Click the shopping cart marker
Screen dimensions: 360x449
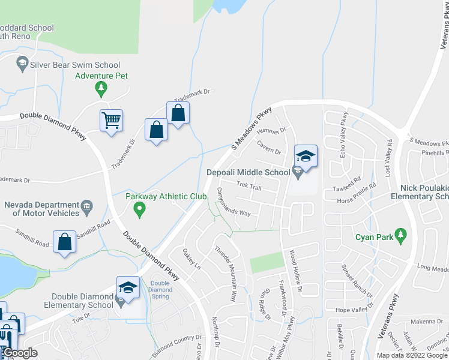[111, 121]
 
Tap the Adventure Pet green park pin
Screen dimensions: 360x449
[101, 89]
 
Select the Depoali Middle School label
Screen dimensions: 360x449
[249, 173]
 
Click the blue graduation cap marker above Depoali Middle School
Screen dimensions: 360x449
[305, 157]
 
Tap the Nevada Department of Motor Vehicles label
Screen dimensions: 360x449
[42, 209]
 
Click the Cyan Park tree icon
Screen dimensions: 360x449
[402, 236]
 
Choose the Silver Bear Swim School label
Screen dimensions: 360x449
[75, 65]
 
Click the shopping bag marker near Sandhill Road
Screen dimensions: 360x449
[64, 242]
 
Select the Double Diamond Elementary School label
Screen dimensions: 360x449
[82, 301]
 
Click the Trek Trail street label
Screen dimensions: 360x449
[249, 187]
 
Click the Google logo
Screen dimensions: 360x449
[19, 353]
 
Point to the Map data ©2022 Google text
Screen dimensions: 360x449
[412, 355]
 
